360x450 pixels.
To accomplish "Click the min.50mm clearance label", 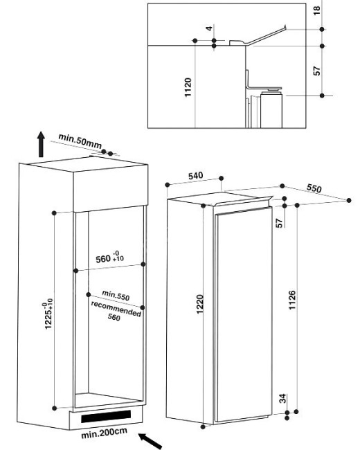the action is (x=80, y=141).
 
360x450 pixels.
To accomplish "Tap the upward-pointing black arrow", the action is (x=42, y=145).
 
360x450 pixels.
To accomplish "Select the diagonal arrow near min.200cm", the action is (x=150, y=440).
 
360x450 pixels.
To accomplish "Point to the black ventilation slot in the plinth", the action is (x=106, y=416).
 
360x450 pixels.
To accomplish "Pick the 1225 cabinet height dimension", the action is (x=48, y=314).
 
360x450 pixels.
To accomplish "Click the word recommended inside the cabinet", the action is (x=116, y=309).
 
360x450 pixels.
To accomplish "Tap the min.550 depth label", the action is (x=116, y=296).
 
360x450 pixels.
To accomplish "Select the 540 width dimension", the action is (x=195, y=176).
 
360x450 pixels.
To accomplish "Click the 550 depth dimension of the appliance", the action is (x=314, y=188).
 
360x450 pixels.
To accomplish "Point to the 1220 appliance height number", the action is (x=200, y=304).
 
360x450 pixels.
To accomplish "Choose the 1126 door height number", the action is (x=291, y=300).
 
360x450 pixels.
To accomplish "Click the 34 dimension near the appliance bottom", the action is (x=283, y=399).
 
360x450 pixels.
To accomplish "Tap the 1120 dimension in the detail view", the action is (x=188, y=87).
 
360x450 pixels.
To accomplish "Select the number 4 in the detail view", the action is (x=209, y=28).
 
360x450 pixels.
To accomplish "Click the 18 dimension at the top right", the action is (x=316, y=10).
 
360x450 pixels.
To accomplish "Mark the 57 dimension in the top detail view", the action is (x=316, y=71).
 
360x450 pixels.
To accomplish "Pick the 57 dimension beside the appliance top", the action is (x=279, y=223).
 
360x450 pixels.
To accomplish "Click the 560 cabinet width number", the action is (x=103, y=259).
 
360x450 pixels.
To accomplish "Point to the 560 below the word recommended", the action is (x=114, y=317).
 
